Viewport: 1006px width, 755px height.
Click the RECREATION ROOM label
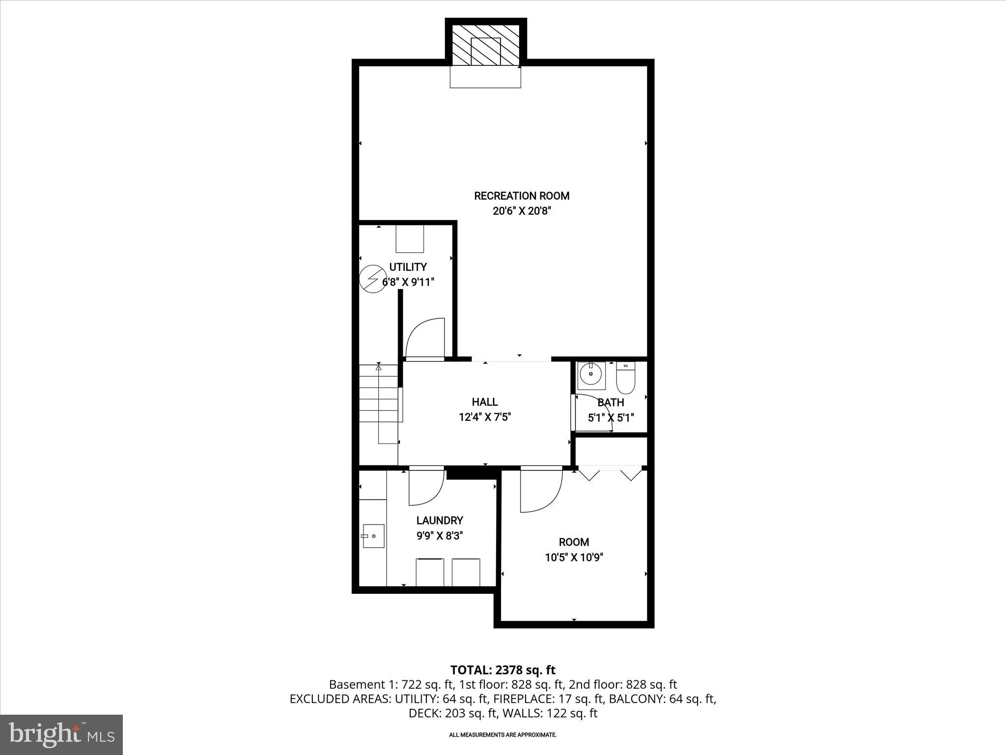[x=521, y=196]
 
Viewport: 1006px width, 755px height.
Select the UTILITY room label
[x=408, y=267]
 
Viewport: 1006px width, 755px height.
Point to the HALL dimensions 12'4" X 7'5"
[x=485, y=417]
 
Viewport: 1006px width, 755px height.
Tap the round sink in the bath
[x=590, y=375]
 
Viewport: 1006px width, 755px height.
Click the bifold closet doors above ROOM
[x=610, y=474]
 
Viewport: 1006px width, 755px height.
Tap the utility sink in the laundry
[x=373, y=536]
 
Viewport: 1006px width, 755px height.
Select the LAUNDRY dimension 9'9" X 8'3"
[x=440, y=536]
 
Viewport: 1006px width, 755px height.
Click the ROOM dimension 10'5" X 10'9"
[x=574, y=557]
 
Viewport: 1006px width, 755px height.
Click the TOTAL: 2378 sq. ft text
[x=503, y=670]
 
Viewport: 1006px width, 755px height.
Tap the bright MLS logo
[x=61, y=735]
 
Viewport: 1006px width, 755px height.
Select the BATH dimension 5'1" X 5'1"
[x=611, y=418]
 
